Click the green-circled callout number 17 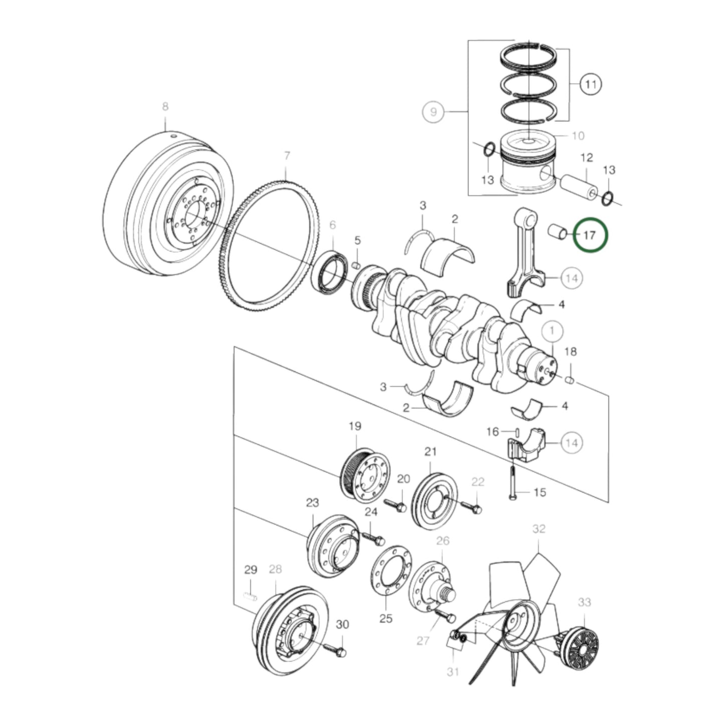[x=590, y=234]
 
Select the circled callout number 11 [x=591, y=84]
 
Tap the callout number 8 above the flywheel [x=165, y=106]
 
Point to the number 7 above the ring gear [x=287, y=156]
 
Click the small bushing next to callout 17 [x=557, y=231]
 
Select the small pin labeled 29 [x=250, y=596]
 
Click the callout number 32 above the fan [x=539, y=529]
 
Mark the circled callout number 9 [x=433, y=111]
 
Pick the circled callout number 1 [x=552, y=331]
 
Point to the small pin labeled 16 [x=517, y=431]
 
